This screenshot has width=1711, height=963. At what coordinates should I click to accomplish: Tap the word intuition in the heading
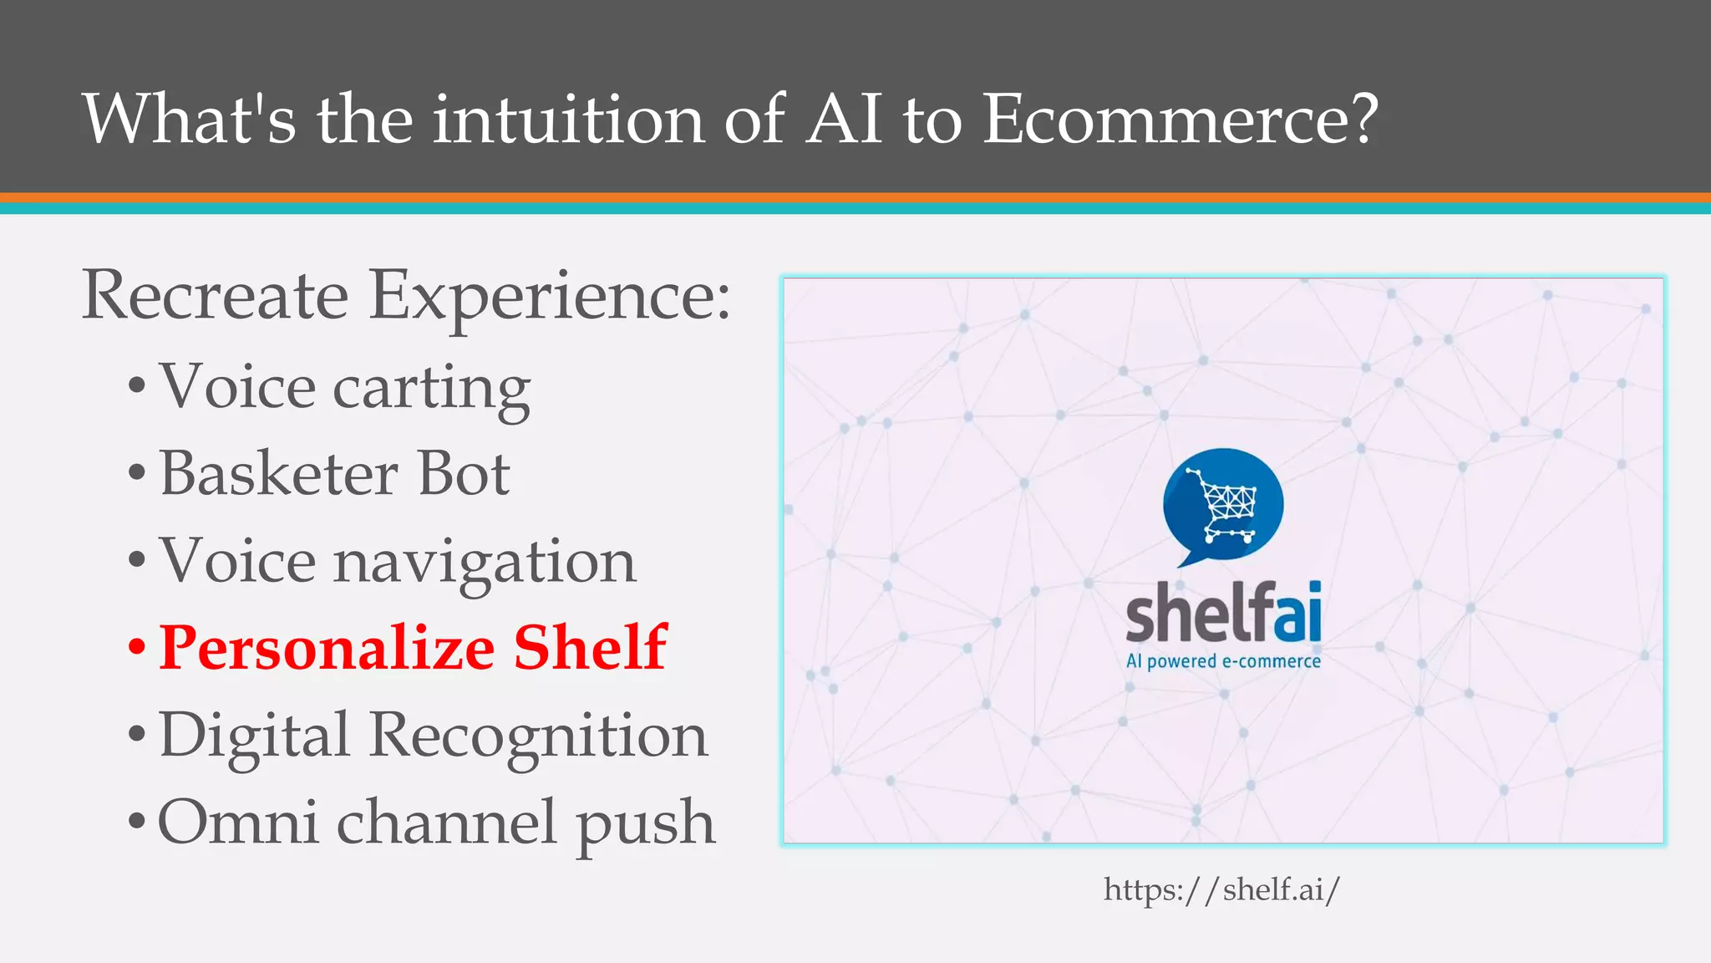568,119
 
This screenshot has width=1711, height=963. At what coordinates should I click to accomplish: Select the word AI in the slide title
844,119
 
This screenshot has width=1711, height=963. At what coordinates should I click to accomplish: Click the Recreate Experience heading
406,296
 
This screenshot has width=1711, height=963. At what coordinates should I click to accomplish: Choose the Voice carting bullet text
344,388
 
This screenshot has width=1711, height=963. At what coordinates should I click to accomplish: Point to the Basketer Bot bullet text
334,475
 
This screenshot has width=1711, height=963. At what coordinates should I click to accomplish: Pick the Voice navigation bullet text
398,561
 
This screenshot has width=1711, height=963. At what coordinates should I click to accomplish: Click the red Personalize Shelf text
413,648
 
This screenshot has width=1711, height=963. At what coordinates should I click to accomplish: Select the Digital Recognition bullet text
433,736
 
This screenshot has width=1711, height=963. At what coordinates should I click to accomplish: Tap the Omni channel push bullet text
436,823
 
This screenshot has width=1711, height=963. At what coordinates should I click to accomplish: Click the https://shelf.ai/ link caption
1221,889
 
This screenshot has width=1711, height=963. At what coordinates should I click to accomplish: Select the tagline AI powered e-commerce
1223,661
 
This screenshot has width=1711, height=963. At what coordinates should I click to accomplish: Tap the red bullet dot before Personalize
137,648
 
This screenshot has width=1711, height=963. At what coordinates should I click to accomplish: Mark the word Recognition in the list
538,736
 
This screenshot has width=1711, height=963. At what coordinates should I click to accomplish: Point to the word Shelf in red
590,648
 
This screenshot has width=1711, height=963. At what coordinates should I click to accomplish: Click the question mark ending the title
1363,119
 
